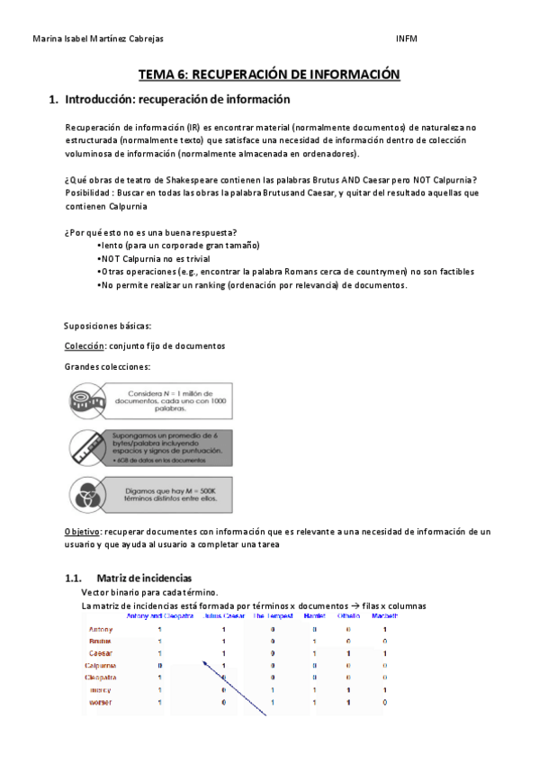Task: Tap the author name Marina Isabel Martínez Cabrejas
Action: pyautogui.click(x=98, y=39)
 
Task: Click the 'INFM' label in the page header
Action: pyautogui.click(x=406, y=39)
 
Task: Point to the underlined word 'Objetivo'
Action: pyautogui.click(x=82, y=532)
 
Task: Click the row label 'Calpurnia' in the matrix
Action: pyautogui.click(x=100, y=665)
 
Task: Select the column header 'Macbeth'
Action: pyautogui.click(x=385, y=616)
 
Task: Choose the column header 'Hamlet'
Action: pyautogui.click(x=314, y=616)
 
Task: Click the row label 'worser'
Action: pyautogui.click(x=100, y=702)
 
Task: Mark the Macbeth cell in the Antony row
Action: pyautogui.click(x=385, y=629)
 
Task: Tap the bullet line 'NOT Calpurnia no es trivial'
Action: pyautogui.click(x=154, y=258)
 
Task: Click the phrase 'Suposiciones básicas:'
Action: pyautogui.click(x=108, y=326)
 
